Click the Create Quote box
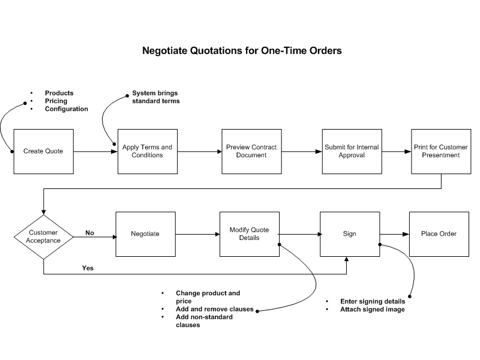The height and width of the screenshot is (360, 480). (x=43, y=152)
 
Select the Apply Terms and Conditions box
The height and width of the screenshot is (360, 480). (x=148, y=152)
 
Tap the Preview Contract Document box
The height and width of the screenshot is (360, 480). (x=251, y=152)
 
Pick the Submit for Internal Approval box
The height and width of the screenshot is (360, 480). (x=352, y=152)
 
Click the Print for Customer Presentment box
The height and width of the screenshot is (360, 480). (x=441, y=152)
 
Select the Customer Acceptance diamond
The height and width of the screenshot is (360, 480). (x=43, y=237)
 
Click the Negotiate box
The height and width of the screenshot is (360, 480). (x=145, y=234)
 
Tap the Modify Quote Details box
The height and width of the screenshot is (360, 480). (x=250, y=234)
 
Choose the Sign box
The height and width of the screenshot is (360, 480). (x=350, y=234)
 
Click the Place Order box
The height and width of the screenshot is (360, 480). (x=439, y=234)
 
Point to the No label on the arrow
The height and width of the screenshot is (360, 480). (x=89, y=233)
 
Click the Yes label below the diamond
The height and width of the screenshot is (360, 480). (x=88, y=268)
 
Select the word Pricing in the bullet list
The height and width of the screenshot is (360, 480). (x=56, y=101)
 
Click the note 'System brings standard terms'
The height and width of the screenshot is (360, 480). (x=156, y=97)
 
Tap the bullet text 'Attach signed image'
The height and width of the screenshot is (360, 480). (x=373, y=310)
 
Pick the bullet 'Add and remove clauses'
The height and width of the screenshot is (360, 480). (x=215, y=309)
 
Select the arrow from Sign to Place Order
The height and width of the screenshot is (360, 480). (x=395, y=234)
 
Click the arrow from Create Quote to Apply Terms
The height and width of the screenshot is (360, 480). (x=95, y=152)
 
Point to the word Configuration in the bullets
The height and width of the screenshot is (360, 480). (x=67, y=109)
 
